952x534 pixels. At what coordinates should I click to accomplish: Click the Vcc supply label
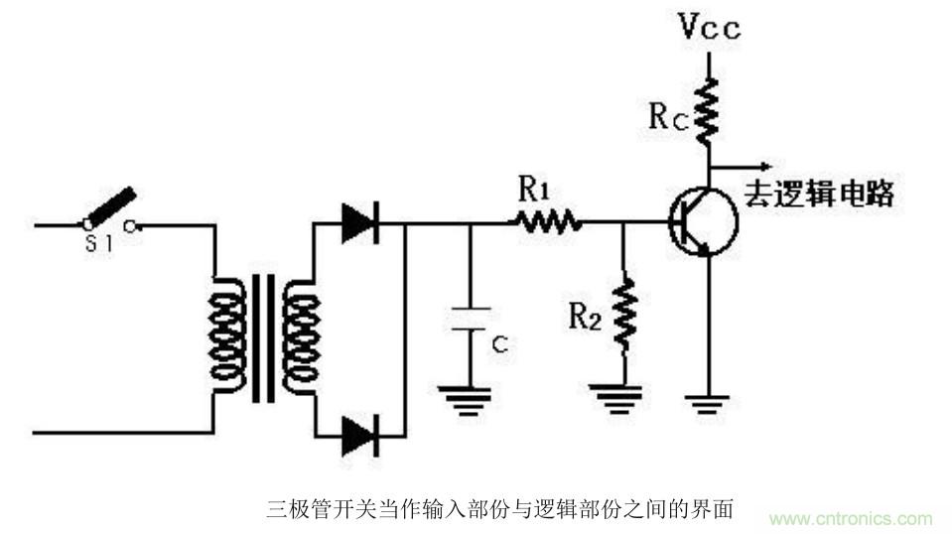[709, 28]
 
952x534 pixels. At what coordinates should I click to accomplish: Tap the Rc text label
[667, 116]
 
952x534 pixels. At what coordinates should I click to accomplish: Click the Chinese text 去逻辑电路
[819, 193]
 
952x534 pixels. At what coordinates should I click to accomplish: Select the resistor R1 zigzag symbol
[547, 222]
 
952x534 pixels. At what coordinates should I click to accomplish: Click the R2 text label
[585, 316]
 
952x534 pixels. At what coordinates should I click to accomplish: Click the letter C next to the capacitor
[501, 344]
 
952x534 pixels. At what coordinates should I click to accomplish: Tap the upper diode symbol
[358, 223]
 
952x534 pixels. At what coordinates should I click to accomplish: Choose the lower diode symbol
[358, 435]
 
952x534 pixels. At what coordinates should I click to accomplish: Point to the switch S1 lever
[109, 205]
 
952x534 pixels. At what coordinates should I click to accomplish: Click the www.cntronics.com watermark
[851, 518]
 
